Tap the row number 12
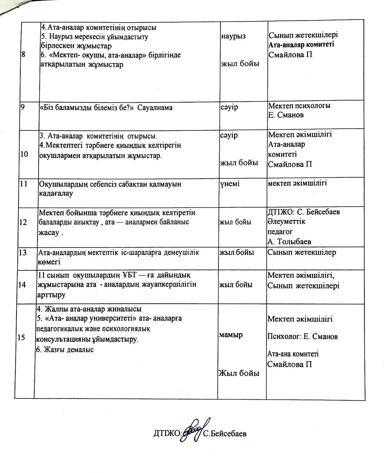(x=23, y=222)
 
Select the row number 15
(x=21, y=337)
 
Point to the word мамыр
(x=231, y=335)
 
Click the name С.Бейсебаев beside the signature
(x=225, y=433)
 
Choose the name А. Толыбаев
(x=289, y=242)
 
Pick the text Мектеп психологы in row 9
(x=299, y=106)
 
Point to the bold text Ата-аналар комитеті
(x=301, y=45)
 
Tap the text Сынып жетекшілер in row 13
(x=302, y=253)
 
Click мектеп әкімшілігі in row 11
(x=297, y=183)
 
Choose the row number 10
(x=24, y=154)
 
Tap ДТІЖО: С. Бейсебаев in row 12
(x=304, y=212)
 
